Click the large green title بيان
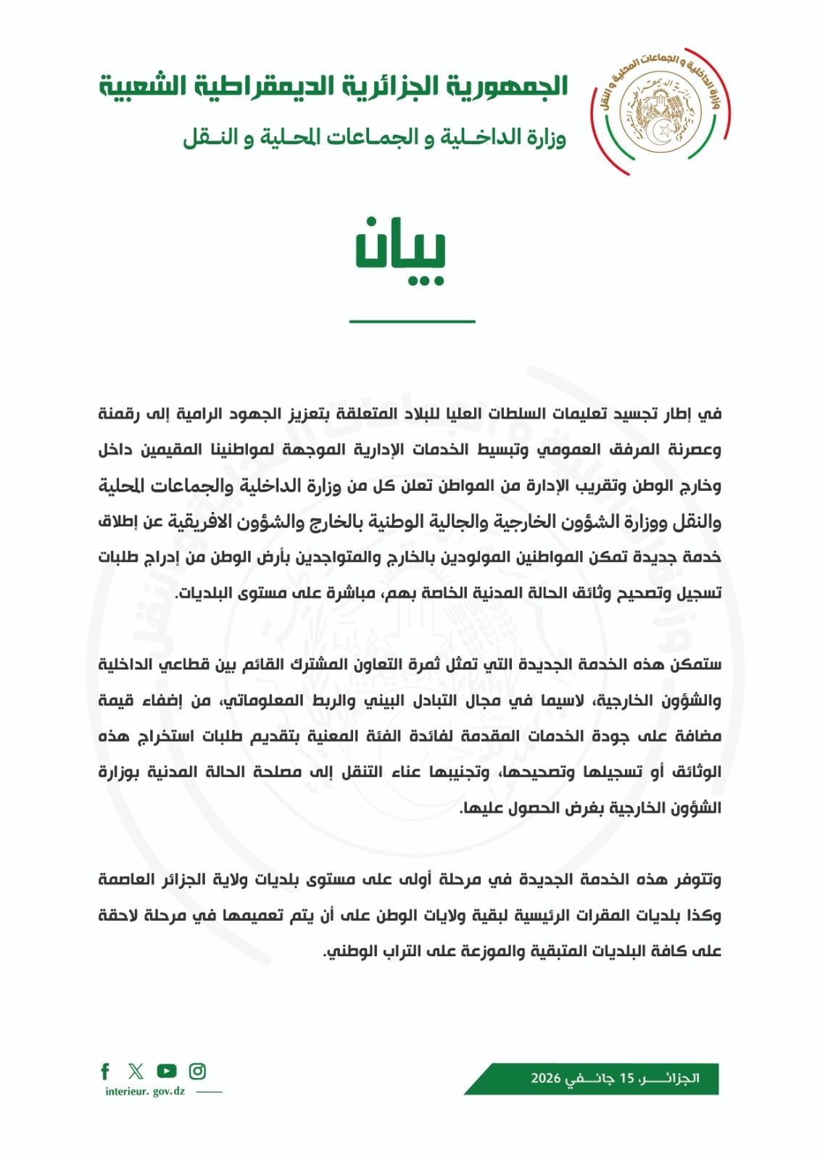[x=400, y=250]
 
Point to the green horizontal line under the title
[x=412, y=320]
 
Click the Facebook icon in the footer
[x=106, y=1071]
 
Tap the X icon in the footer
[x=136, y=1071]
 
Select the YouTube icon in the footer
[x=167, y=1071]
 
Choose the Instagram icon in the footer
[x=197, y=1071]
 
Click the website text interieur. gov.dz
[x=145, y=1092]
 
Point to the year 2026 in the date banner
[x=546, y=1079]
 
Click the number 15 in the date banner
[x=626, y=1079]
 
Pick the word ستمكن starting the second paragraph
[x=696, y=665]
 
